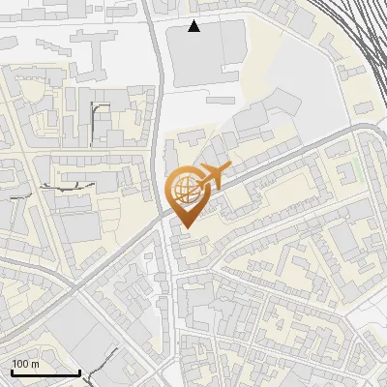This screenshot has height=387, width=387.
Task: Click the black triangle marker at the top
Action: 194,26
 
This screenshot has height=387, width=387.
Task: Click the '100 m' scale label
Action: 25,364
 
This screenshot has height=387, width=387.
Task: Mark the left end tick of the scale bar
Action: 12,371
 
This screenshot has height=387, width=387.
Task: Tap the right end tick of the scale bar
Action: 78,371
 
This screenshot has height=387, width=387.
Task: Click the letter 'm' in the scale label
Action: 35,364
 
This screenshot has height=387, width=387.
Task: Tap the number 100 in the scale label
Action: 20,364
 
